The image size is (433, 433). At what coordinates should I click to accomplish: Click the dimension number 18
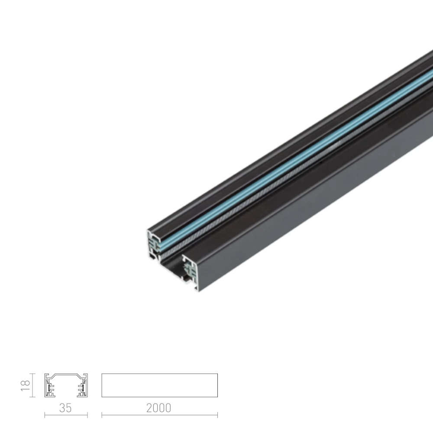[25, 385]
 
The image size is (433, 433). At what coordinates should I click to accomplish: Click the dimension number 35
[65, 408]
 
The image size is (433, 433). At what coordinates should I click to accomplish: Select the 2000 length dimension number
[159, 408]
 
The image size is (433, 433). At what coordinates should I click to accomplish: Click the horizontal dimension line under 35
[66, 415]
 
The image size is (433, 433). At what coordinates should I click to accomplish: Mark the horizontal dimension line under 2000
[160, 415]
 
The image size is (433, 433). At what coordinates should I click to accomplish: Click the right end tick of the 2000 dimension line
[218, 415]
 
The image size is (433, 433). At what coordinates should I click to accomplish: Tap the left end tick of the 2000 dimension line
[102, 415]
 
